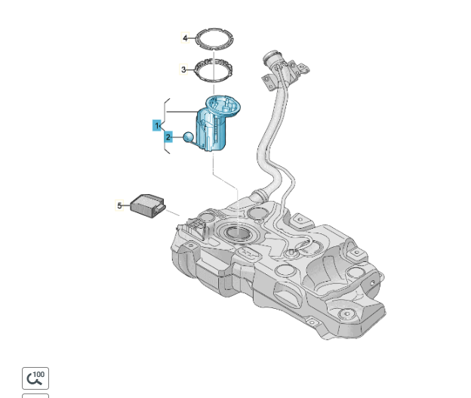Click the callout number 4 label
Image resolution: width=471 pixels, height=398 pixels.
click(x=185, y=38)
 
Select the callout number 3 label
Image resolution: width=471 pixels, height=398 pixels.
click(x=183, y=69)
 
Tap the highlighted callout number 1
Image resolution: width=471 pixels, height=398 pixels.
click(x=156, y=125)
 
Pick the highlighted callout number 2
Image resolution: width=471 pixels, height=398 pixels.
click(x=168, y=137)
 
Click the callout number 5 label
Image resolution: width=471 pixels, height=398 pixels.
click(x=119, y=205)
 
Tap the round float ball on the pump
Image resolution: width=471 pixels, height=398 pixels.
click(x=189, y=137)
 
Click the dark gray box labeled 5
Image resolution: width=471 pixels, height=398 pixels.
click(x=147, y=206)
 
